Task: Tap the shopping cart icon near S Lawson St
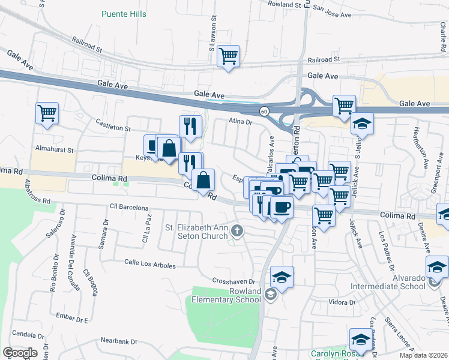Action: pos(228,56)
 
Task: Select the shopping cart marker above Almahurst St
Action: pos(47,112)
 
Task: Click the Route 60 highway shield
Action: pos(264,112)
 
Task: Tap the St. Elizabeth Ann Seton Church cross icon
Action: pos(237,230)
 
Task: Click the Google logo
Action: pos(20,353)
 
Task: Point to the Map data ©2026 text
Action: pos(423,355)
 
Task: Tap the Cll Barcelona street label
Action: pos(129,208)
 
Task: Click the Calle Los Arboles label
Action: pos(150,265)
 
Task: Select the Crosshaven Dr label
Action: pos(234,281)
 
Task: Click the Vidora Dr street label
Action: pos(342,302)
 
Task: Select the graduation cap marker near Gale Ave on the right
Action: pos(362,124)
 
